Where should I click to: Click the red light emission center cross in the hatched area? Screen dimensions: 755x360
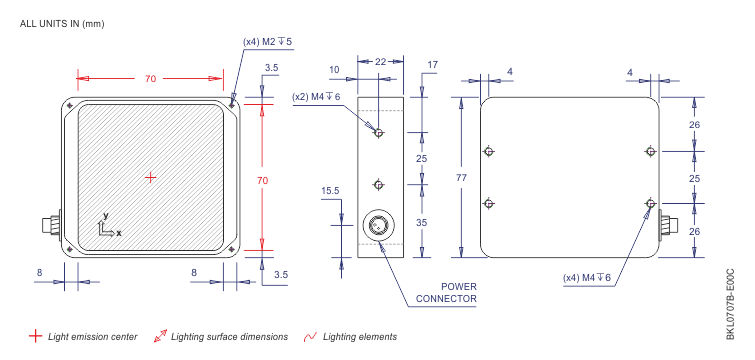coord(151,178)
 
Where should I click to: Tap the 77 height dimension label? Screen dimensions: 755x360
coord(462,178)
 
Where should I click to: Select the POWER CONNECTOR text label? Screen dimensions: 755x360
coord(446,293)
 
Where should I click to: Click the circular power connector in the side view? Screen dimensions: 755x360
coord(378,225)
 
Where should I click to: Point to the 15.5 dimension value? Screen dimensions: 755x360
coord(330,191)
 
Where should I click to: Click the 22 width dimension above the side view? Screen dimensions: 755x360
coord(380,61)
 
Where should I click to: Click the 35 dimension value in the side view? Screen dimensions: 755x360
coord(422,223)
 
